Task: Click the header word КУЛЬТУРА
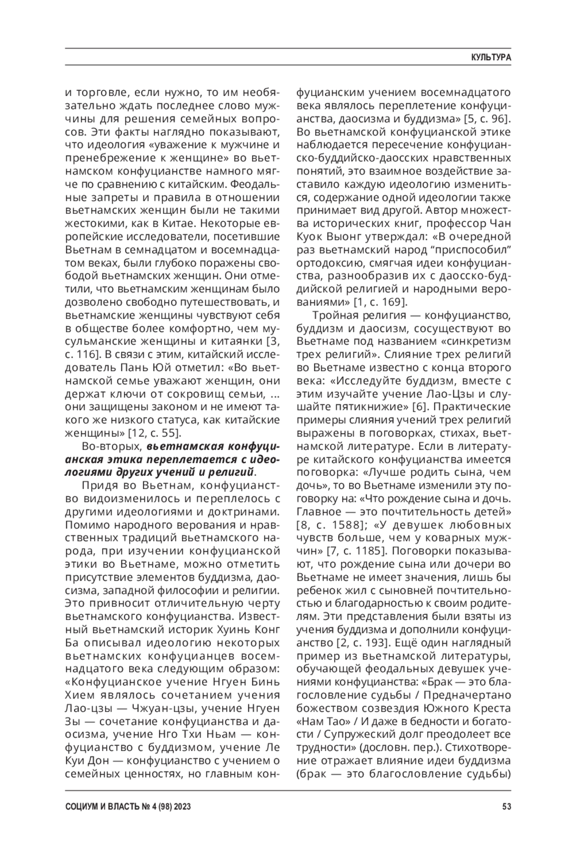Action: pos(491,57)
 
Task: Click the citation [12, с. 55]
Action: pos(151,433)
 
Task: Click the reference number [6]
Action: pos(421,406)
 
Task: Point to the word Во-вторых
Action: pos(111,446)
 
